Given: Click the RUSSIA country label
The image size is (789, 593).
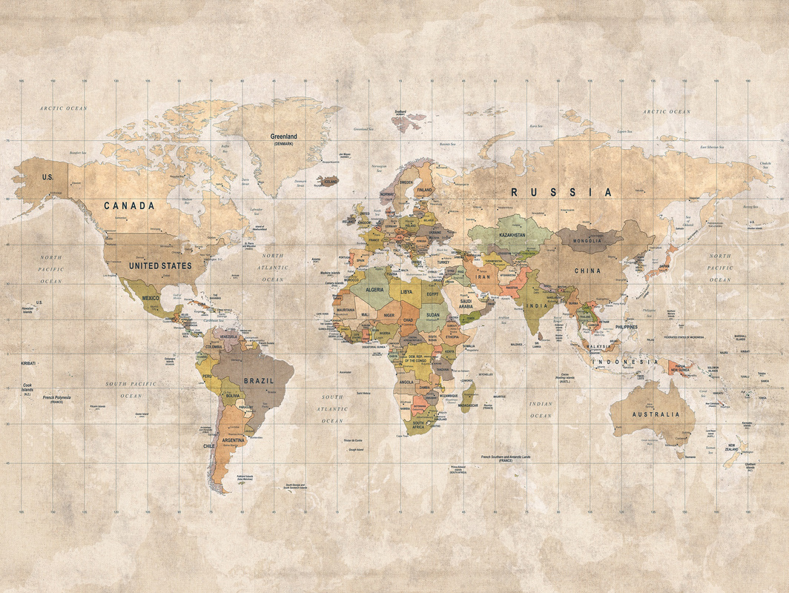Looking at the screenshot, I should point(561,193).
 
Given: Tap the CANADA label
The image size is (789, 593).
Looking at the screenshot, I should point(129,205).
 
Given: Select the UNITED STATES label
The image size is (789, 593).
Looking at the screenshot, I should point(160,265).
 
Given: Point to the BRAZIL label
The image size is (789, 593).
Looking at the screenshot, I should point(259,380).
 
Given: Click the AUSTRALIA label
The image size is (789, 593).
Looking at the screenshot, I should point(655,415).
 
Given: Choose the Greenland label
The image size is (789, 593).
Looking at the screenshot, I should point(283,138).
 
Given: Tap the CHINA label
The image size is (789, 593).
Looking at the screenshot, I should point(587,271).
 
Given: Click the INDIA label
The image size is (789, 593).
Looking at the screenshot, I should point(536,305).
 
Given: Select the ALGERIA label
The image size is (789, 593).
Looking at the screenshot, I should point(374,290).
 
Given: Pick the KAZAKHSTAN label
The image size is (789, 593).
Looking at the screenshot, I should point(512,235).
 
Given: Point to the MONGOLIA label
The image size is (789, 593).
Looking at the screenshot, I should point(587,241).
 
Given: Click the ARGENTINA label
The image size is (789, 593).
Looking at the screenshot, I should point(234,440).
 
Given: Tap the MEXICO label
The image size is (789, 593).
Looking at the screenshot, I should point(151,298).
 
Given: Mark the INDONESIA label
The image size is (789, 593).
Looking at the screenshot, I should point(624,362).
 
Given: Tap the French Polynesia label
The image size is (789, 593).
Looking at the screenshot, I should point(56,398).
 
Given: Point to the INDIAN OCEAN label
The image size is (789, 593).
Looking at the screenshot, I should point(541,410).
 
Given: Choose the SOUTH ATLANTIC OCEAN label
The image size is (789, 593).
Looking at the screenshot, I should point(332,408).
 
